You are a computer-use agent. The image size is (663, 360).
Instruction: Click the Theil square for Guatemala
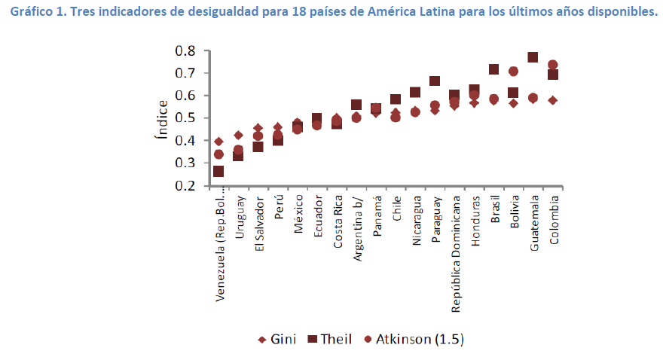coord(533,57)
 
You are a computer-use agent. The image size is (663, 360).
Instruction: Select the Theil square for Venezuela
coord(218,172)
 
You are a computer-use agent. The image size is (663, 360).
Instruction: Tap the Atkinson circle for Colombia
coord(552,65)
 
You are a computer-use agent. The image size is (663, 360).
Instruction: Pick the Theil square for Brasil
coord(494,69)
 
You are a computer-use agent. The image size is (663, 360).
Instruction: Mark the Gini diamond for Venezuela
coord(218,142)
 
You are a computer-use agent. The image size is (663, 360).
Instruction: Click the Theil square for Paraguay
coord(435,81)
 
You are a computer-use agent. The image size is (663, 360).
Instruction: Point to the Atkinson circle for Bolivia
coord(514,72)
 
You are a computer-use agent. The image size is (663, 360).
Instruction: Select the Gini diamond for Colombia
coord(552,100)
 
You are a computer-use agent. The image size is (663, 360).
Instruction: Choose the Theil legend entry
coord(329,339)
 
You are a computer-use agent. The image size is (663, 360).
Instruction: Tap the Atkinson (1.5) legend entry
coord(413,339)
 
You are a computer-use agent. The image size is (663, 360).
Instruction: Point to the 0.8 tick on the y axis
coord(185,50)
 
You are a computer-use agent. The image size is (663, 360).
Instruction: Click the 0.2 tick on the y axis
coord(185,185)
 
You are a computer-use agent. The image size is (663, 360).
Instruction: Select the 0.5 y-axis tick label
coord(185,118)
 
